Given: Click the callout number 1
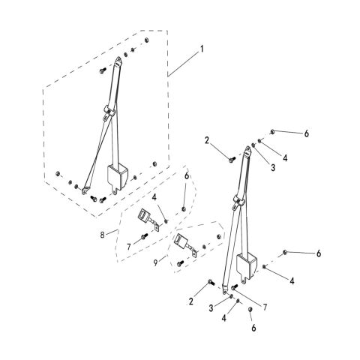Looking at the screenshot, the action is click(202, 49).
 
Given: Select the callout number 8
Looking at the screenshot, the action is click(102, 235).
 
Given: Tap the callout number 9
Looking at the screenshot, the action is click(155, 262).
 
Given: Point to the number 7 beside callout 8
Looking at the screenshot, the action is click(129, 247).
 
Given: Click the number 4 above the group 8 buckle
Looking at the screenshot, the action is click(154, 197).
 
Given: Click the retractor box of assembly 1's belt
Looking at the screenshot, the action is click(118, 177).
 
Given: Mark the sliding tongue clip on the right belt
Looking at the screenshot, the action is click(238, 202).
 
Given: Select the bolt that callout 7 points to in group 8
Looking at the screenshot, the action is click(144, 236).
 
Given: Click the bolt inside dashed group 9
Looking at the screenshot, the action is click(180, 263).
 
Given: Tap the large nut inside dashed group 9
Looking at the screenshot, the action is click(219, 237).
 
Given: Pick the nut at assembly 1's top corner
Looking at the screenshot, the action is click(147, 40).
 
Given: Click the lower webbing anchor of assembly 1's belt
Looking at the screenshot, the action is click(85, 190).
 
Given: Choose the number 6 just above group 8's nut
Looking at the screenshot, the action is click(187, 176).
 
